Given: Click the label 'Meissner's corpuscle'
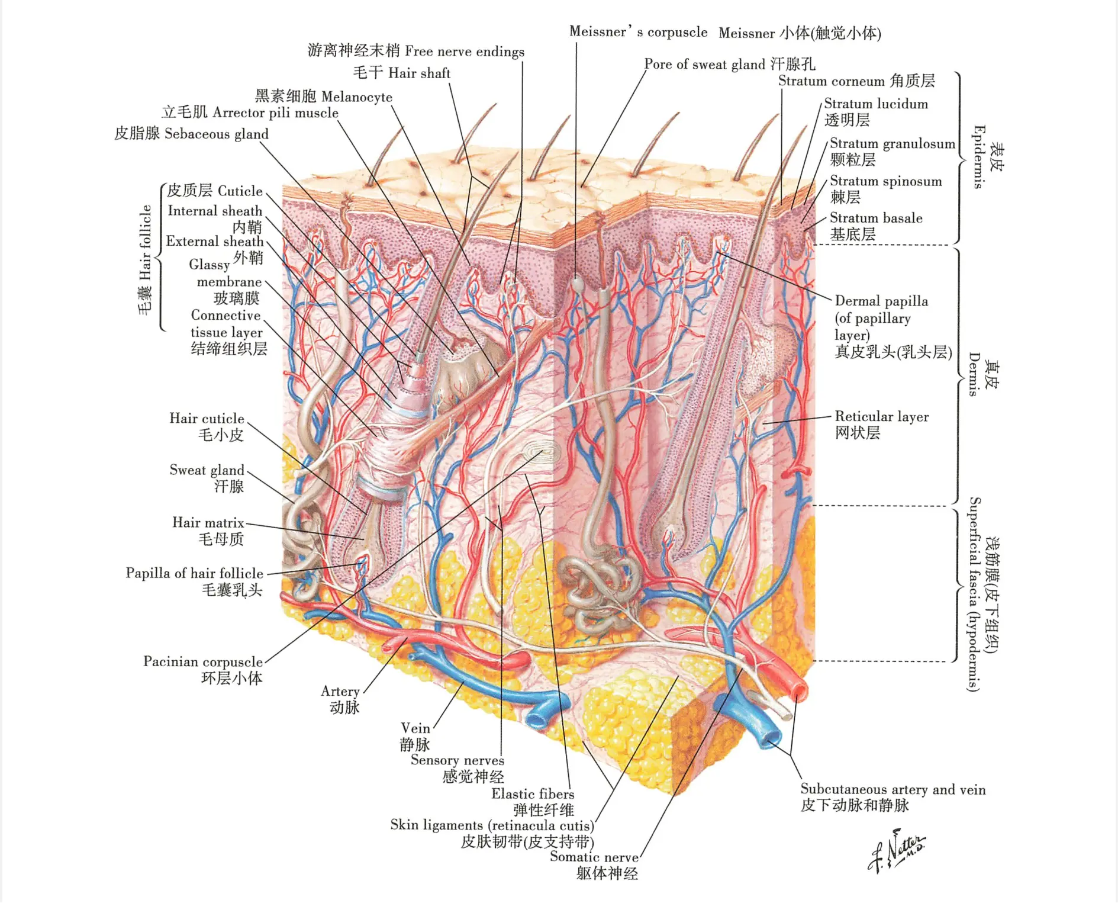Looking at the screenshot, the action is tap(638, 31).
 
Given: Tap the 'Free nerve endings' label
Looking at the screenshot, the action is tap(465, 52).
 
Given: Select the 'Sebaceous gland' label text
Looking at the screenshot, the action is tap(217, 134).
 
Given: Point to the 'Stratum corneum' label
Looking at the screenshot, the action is tap(832, 81).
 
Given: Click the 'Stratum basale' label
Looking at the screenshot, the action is tap(876, 218).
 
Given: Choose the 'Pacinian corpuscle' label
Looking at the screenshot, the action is tap(203, 661).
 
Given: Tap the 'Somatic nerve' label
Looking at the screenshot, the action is tap(594, 857).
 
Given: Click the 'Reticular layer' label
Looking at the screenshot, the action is tap(882, 417).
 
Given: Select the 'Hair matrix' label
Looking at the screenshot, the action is tap(208, 522).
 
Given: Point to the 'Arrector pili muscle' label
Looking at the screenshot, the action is tap(275, 113).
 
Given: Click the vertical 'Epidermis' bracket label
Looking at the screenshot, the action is tap(979, 157).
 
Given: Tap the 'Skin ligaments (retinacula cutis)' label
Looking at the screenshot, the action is tap(492, 825).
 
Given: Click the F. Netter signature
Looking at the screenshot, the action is tap(897, 853).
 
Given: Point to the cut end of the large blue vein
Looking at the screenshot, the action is tap(773, 740).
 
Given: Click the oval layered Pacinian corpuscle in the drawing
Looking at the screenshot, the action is tap(542, 455).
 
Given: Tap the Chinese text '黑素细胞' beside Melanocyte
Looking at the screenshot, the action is tap(285, 96).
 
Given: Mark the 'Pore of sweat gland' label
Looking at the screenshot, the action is tap(704, 65).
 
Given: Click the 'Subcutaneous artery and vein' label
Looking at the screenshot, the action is tap(893, 789).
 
